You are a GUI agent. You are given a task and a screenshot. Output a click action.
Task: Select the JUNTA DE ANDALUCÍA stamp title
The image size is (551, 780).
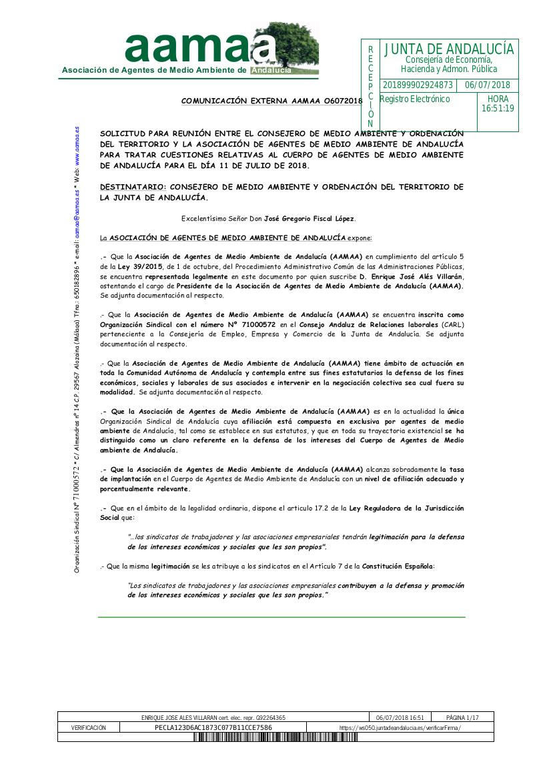click(449, 49)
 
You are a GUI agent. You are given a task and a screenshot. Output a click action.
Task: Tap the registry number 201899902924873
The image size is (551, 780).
click(418, 85)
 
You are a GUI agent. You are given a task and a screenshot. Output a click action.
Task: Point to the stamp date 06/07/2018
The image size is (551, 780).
click(487, 85)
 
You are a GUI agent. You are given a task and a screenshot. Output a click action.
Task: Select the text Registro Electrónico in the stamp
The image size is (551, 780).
click(415, 99)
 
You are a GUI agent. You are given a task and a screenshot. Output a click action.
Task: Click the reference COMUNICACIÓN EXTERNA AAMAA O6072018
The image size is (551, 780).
click(271, 101)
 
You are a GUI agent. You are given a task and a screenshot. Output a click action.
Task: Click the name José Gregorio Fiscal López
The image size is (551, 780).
click(310, 219)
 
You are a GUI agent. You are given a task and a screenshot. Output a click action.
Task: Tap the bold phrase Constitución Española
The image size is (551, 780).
click(398, 566)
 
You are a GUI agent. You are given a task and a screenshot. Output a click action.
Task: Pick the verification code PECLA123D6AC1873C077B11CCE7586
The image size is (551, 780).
click(213, 728)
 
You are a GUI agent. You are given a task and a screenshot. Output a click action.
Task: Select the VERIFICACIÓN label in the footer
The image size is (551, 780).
click(88, 728)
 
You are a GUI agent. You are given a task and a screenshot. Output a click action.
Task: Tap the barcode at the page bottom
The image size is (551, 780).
click(275, 737)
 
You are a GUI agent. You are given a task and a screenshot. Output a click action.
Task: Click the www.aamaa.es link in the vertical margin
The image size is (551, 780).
click(77, 149)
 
